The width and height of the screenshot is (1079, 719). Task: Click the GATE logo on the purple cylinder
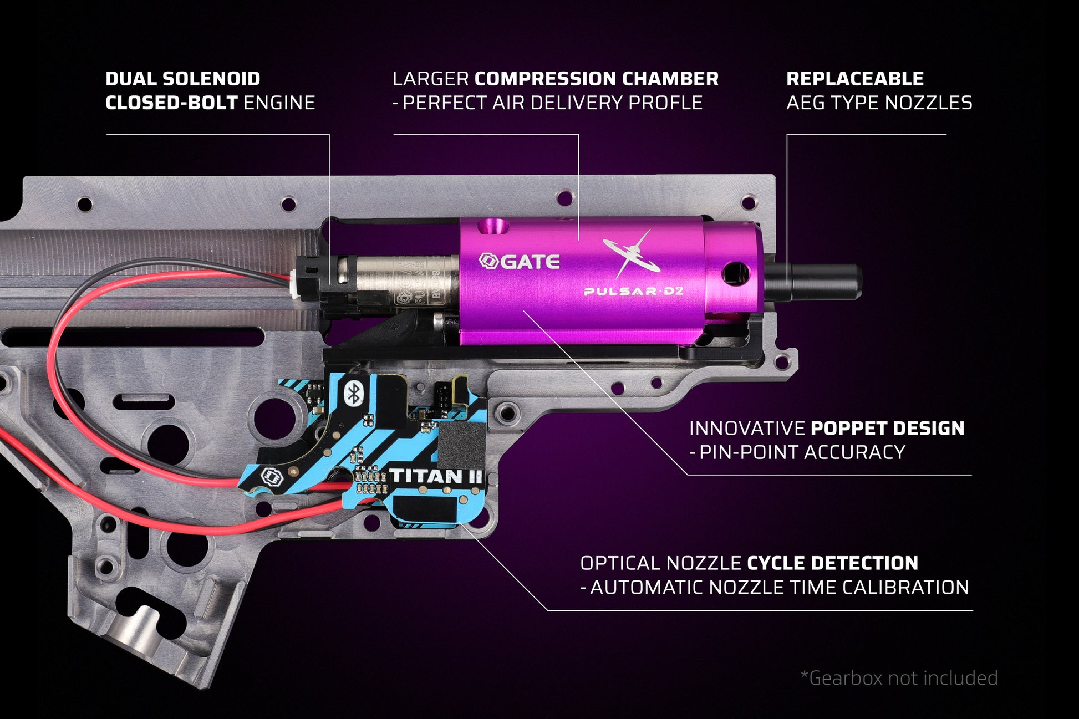(x=519, y=261)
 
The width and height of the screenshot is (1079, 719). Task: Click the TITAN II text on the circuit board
(x=436, y=476)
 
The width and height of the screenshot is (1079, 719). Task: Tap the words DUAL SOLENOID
(x=182, y=79)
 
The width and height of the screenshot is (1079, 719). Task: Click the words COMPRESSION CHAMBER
(x=597, y=79)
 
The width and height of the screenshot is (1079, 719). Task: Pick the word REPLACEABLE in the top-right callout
(x=854, y=79)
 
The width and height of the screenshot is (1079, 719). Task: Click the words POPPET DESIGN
(x=887, y=428)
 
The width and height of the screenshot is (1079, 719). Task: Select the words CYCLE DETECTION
(x=832, y=563)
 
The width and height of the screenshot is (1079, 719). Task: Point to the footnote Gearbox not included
(x=899, y=678)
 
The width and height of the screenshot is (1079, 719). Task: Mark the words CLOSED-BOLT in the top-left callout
(x=171, y=103)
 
